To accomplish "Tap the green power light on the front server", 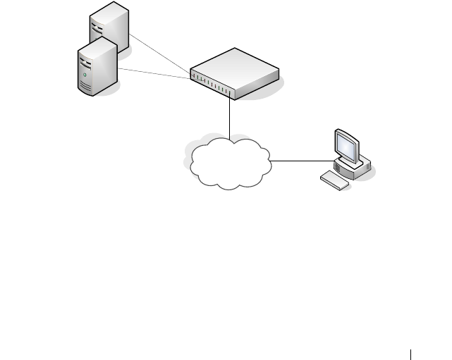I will [85, 74].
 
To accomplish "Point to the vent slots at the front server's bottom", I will [86, 87].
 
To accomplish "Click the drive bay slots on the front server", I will [85, 56].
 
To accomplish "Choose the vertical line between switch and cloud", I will [231, 116].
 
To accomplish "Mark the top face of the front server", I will [95, 44].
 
